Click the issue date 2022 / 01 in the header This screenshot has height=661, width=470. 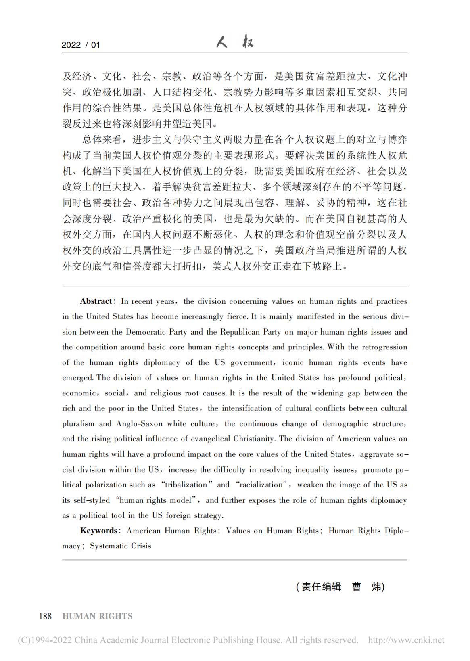tap(80, 45)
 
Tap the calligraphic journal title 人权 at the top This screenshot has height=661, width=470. tap(235, 42)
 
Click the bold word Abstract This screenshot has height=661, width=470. tap(96, 301)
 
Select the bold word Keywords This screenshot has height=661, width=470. tap(98, 531)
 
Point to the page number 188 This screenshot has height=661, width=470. tap(45, 616)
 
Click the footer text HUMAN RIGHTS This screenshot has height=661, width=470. tap(98, 616)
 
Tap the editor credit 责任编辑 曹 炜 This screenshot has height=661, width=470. tap(340, 587)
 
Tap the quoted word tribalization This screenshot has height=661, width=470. tap(190, 485)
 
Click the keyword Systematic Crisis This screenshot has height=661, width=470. tap(120, 546)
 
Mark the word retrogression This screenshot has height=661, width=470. tap(384, 347)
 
